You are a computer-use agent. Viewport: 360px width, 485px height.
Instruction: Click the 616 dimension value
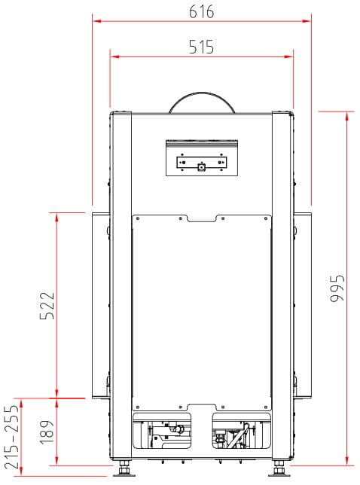[201, 12]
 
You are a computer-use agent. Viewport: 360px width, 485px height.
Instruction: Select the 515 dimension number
[201, 47]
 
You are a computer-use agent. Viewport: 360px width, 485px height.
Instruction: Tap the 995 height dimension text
[337, 288]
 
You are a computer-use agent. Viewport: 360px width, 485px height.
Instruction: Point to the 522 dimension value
[47, 306]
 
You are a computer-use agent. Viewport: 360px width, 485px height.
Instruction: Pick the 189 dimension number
[47, 432]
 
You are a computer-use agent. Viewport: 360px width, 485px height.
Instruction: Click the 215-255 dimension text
[12, 437]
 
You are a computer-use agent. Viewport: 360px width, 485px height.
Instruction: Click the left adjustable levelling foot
[124, 469]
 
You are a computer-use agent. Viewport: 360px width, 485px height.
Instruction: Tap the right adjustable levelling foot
[279, 469]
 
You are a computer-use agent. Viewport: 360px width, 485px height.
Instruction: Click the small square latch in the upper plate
[202, 167]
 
